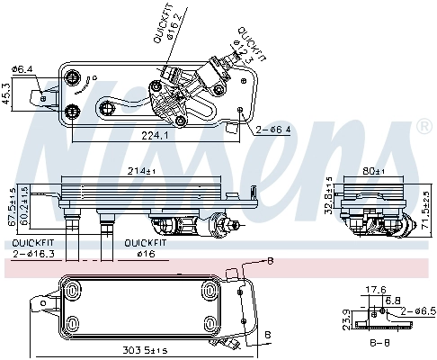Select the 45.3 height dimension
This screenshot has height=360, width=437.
click(5, 93)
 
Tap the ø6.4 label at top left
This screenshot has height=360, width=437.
click(22, 68)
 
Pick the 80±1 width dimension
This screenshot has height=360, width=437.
click(374, 171)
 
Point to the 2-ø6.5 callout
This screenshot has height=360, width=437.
click(418, 310)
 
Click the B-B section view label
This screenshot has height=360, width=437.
click(384, 343)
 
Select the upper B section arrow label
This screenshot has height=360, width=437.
click(269, 260)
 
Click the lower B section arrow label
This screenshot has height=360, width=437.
click(267, 334)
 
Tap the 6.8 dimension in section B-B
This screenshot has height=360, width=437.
click(392, 299)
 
